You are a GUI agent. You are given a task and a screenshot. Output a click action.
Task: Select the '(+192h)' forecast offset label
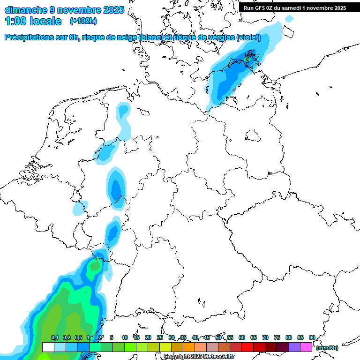(x=84, y=21)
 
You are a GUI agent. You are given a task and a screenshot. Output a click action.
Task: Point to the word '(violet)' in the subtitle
(x=248, y=37)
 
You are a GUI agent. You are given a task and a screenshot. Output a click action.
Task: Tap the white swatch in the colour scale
(x=48, y=347)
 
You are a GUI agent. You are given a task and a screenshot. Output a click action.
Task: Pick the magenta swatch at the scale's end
(x=306, y=347)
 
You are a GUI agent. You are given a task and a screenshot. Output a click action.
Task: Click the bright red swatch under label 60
(x=247, y=347)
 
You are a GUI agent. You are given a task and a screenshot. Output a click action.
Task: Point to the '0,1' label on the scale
(x=55, y=337)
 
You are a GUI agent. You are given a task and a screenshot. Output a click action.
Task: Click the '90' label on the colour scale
(x=312, y=337)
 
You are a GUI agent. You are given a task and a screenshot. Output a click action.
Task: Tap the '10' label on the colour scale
(x=125, y=337)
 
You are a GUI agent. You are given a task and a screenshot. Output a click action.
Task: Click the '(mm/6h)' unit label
(x=327, y=348)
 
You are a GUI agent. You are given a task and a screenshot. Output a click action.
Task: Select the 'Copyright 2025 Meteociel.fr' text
(x=199, y=357)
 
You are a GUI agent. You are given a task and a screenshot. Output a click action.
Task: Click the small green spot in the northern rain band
(x=247, y=60)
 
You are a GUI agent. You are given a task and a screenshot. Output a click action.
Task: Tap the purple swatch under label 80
(x=294, y=347)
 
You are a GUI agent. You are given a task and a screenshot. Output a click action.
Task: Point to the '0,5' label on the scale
(x=78, y=337)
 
